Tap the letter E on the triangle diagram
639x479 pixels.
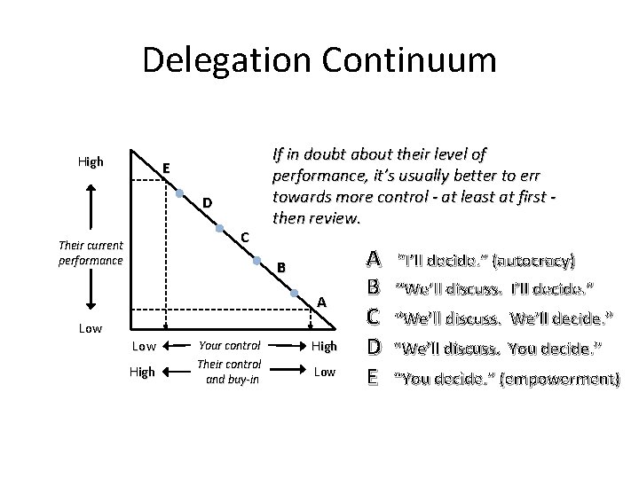tap(165, 169)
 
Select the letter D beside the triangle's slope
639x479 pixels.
tap(206, 204)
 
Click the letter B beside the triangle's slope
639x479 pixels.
tap(280, 267)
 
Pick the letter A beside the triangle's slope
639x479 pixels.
tap(323, 302)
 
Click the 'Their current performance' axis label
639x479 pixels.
tap(91, 253)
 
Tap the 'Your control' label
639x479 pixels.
tap(229, 346)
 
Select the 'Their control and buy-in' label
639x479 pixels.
tap(229, 372)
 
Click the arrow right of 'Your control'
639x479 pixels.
tap(285, 346)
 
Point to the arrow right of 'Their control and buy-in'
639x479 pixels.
tap(285, 372)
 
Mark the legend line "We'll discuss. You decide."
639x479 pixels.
tap(498, 347)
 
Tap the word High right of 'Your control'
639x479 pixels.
tap(323, 346)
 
